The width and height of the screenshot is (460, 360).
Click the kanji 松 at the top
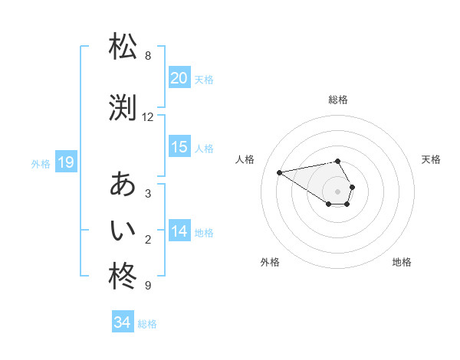(x=123, y=47)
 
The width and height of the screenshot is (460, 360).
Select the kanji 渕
(x=123, y=109)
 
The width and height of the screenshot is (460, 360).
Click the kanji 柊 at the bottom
(x=123, y=277)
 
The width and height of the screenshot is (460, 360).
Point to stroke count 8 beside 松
(x=147, y=56)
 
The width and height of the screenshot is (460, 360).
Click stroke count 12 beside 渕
(x=148, y=117)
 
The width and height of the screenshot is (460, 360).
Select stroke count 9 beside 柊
(x=147, y=286)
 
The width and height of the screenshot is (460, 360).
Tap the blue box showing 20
(x=179, y=77)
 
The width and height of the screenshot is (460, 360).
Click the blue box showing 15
(x=179, y=147)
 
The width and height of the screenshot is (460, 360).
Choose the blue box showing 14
(x=179, y=231)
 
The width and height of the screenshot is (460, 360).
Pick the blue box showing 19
(x=65, y=162)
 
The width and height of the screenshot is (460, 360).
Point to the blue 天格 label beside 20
(x=204, y=79)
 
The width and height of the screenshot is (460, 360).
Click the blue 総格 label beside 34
(x=147, y=324)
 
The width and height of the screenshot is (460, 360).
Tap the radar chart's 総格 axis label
(x=338, y=100)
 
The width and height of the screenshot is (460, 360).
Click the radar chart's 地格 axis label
(x=402, y=263)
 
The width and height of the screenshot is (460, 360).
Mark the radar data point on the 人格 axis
(x=280, y=172)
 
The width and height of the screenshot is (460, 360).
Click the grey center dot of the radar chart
(x=338, y=191)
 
